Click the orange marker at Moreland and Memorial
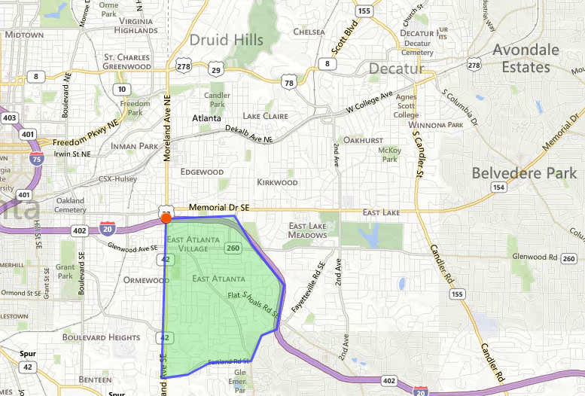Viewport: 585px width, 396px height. (166, 217)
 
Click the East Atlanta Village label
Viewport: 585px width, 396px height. (193, 244)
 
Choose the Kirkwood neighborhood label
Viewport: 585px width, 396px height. (277, 182)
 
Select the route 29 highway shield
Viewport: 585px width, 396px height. (216, 70)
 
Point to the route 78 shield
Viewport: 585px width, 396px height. (288, 82)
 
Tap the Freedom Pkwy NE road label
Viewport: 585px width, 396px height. (86, 133)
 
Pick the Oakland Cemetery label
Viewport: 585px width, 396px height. (70, 205)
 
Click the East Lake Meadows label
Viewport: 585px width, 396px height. (308, 230)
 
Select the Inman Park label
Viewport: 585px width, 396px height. (132, 145)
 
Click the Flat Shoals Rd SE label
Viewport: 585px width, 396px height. (254, 303)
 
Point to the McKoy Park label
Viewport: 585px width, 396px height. (389, 154)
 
